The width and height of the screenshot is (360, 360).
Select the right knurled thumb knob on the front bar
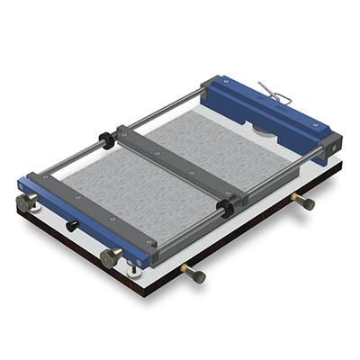click(x=111, y=258)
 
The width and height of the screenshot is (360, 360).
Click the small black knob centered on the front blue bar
click(x=71, y=226)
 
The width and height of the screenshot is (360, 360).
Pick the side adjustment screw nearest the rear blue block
click(x=305, y=202)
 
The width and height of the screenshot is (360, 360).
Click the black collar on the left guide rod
click(x=105, y=140)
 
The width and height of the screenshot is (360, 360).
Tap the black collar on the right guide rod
click(x=225, y=209)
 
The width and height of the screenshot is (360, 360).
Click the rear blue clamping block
click(x=270, y=112)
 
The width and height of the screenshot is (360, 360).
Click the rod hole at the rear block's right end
click(x=334, y=143)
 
